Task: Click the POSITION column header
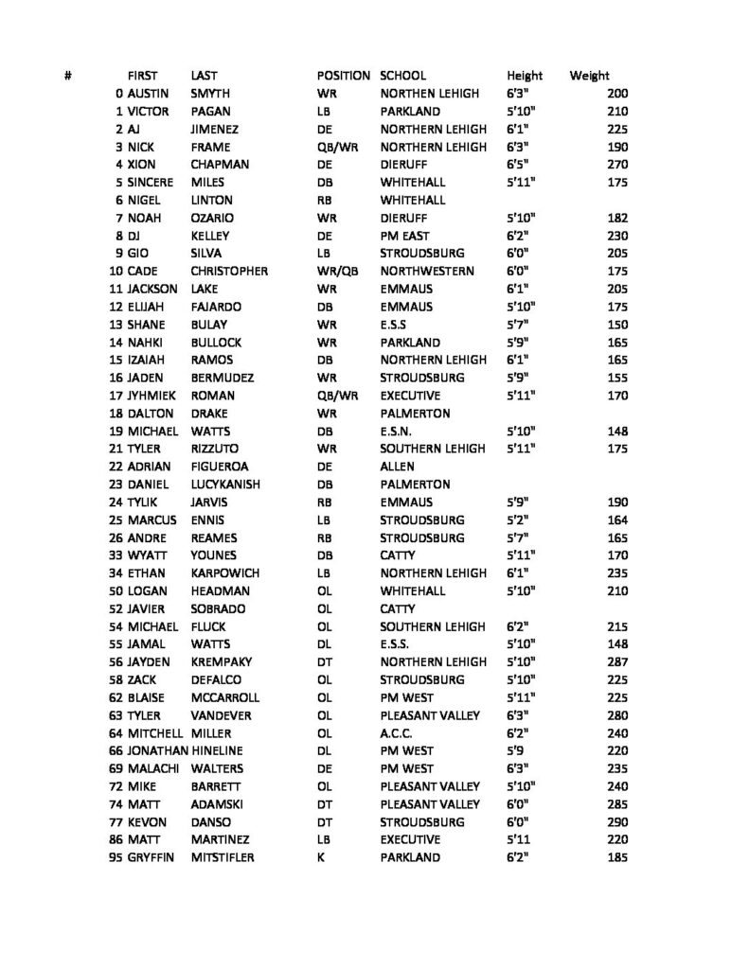tap(345, 76)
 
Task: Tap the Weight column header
tap(589, 76)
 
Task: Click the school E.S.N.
tap(397, 432)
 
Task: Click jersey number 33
tap(116, 555)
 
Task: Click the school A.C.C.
tap(398, 731)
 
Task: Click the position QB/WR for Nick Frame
tap(337, 147)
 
